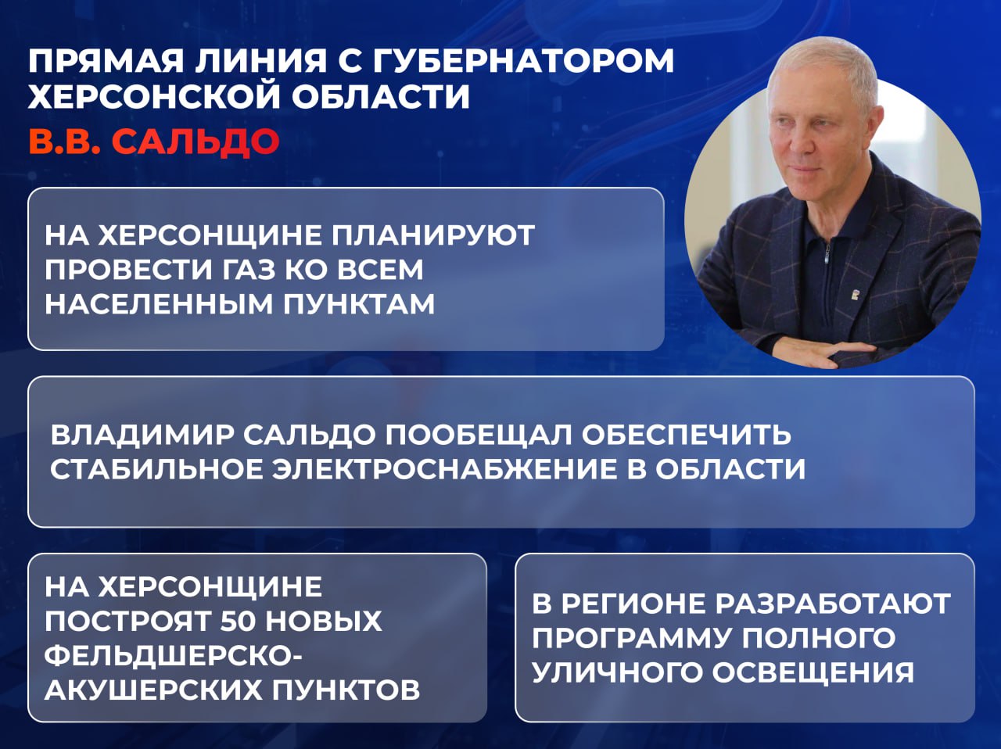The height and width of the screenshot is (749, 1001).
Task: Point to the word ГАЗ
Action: click(243, 269)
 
